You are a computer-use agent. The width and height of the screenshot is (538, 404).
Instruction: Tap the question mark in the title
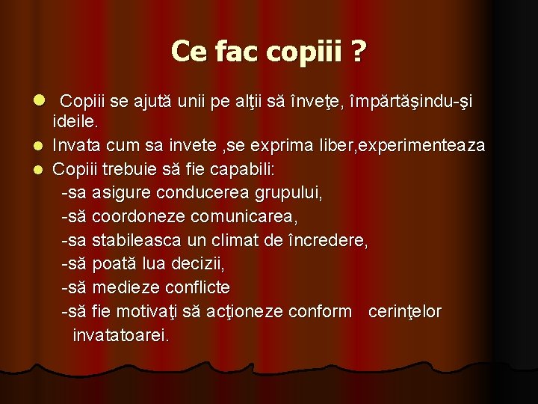click(x=359, y=52)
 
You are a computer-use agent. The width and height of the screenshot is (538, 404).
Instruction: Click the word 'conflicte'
click(x=199, y=287)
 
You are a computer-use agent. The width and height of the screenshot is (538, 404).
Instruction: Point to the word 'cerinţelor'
click(x=405, y=311)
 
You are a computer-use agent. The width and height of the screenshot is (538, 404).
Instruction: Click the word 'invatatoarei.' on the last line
click(x=121, y=335)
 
